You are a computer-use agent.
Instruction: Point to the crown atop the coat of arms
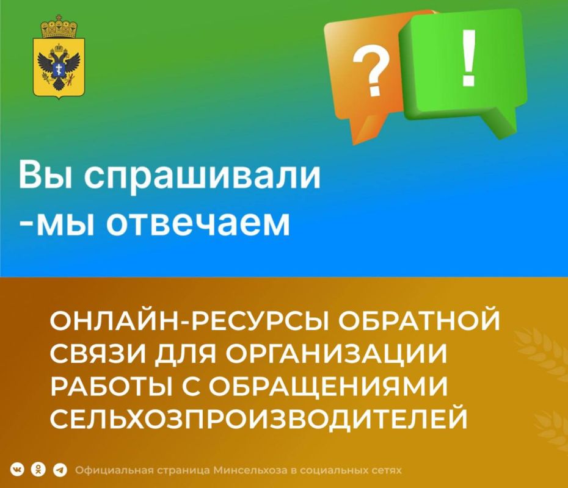click(58, 27)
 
